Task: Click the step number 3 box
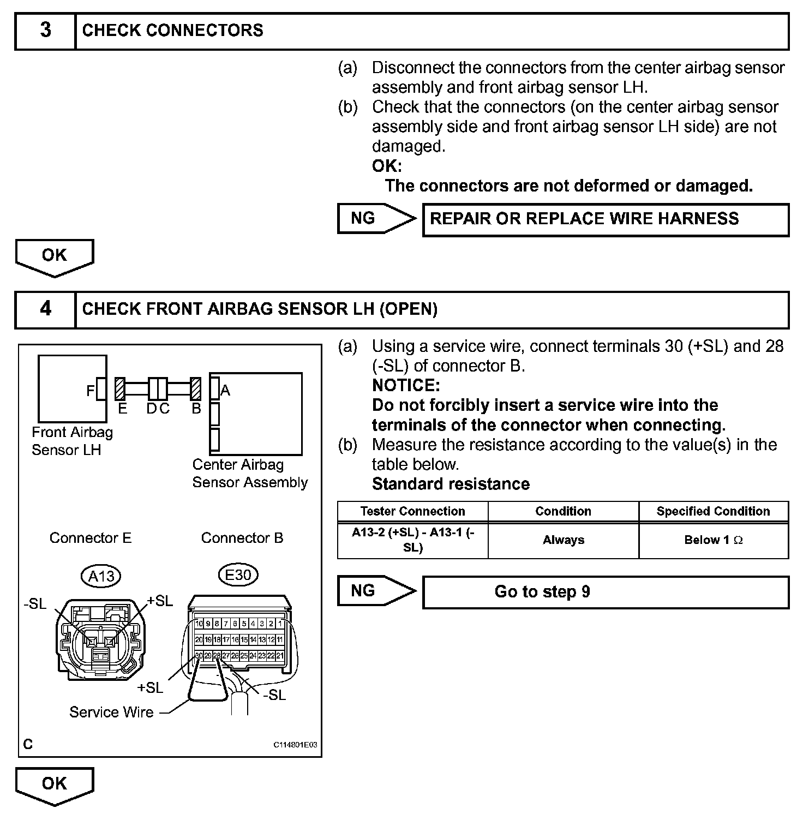tap(45, 32)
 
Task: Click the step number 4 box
tap(45, 310)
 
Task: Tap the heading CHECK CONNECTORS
tap(172, 31)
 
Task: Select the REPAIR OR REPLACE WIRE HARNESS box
tap(606, 219)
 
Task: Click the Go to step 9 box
tap(606, 592)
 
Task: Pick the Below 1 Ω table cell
tap(714, 540)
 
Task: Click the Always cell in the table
tap(563, 540)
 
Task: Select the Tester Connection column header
tap(412, 511)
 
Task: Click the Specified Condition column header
tap(714, 511)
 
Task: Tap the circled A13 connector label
tap(101, 576)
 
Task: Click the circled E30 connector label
tap(238, 574)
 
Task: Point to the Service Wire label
tap(111, 712)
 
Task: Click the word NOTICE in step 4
tap(405, 385)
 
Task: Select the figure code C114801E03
tap(295, 745)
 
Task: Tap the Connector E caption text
tap(91, 538)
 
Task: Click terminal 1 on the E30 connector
tap(280, 623)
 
